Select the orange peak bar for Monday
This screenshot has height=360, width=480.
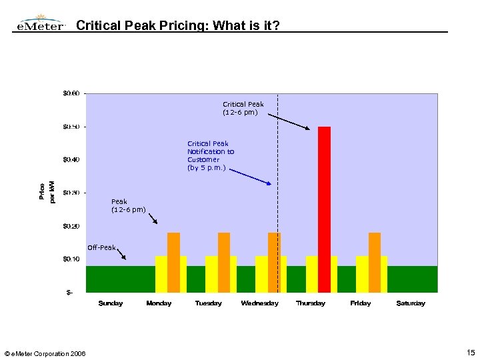pyautogui.click(x=173, y=262)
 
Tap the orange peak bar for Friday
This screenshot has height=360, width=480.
pyautogui.click(x=375, y=262)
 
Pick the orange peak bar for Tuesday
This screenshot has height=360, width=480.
pyautogui.click(x=224, y=262)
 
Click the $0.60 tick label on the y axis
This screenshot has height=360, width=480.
pyautogui.click(x=71, y=93)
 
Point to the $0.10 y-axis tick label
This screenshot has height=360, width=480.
pyautogui.click(x=71, y=259)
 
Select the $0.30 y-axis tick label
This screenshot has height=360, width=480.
pyautogui.click(x=71, y=193)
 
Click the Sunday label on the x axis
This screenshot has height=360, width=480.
pyautogui.click(x=111, y=303)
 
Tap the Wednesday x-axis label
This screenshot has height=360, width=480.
pyautogui.click(x=259, y=303)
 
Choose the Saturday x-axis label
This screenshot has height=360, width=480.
pyautogui.click(x=411, y=303)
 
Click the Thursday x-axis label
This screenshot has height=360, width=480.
pyautogui.click(x=311, y=303)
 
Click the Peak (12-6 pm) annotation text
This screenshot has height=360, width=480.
pyautogui.click(x=128, y=205)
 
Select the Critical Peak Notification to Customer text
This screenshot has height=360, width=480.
pyautogui.click(x=211, y=156)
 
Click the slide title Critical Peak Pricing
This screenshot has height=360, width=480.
pyautogui.click(x=178, y=26)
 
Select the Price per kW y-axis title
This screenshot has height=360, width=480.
pyautogui.click(x=47, y=193)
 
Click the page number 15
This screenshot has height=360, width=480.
pyautogui.click(x=471, y=352)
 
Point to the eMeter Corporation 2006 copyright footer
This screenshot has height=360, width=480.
pyautogui.click(x=45, y=353)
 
